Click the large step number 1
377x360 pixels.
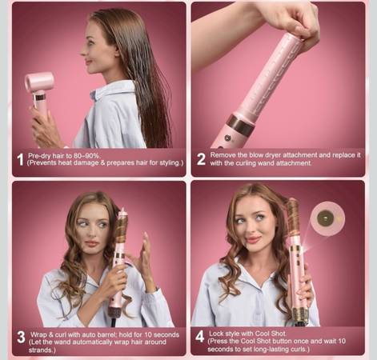click(20, 159)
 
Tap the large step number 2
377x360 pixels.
click(201, 159)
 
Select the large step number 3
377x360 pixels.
click(21, 338)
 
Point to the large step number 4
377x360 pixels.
click(200, 337)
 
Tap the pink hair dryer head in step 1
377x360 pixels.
click(39, 82)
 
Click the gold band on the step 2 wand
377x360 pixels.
click(240, 124)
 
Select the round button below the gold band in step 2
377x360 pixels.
click(227, 138)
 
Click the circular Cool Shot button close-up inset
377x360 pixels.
click(327, 219)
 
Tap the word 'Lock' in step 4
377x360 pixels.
click(216, 334)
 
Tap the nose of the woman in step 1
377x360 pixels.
click(83, 52)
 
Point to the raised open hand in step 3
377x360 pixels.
click(141, 254)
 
